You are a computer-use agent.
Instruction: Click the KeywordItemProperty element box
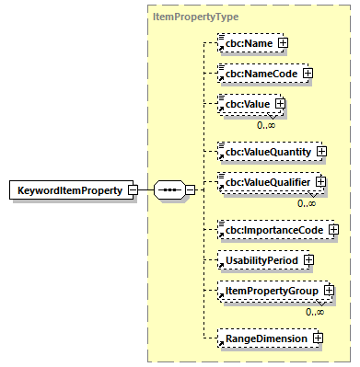(67, 190)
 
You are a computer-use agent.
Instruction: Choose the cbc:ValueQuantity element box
(265, 150)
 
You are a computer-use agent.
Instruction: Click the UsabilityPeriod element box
(261, 258)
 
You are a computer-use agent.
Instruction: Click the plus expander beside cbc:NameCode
(308, 73)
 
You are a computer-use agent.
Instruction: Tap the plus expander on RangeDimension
(318, 338)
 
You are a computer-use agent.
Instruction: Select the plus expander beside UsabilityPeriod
(316, 258)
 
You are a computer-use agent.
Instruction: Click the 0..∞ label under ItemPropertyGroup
(314, 312)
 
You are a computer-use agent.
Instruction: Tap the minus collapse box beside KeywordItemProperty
(133, 190)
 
